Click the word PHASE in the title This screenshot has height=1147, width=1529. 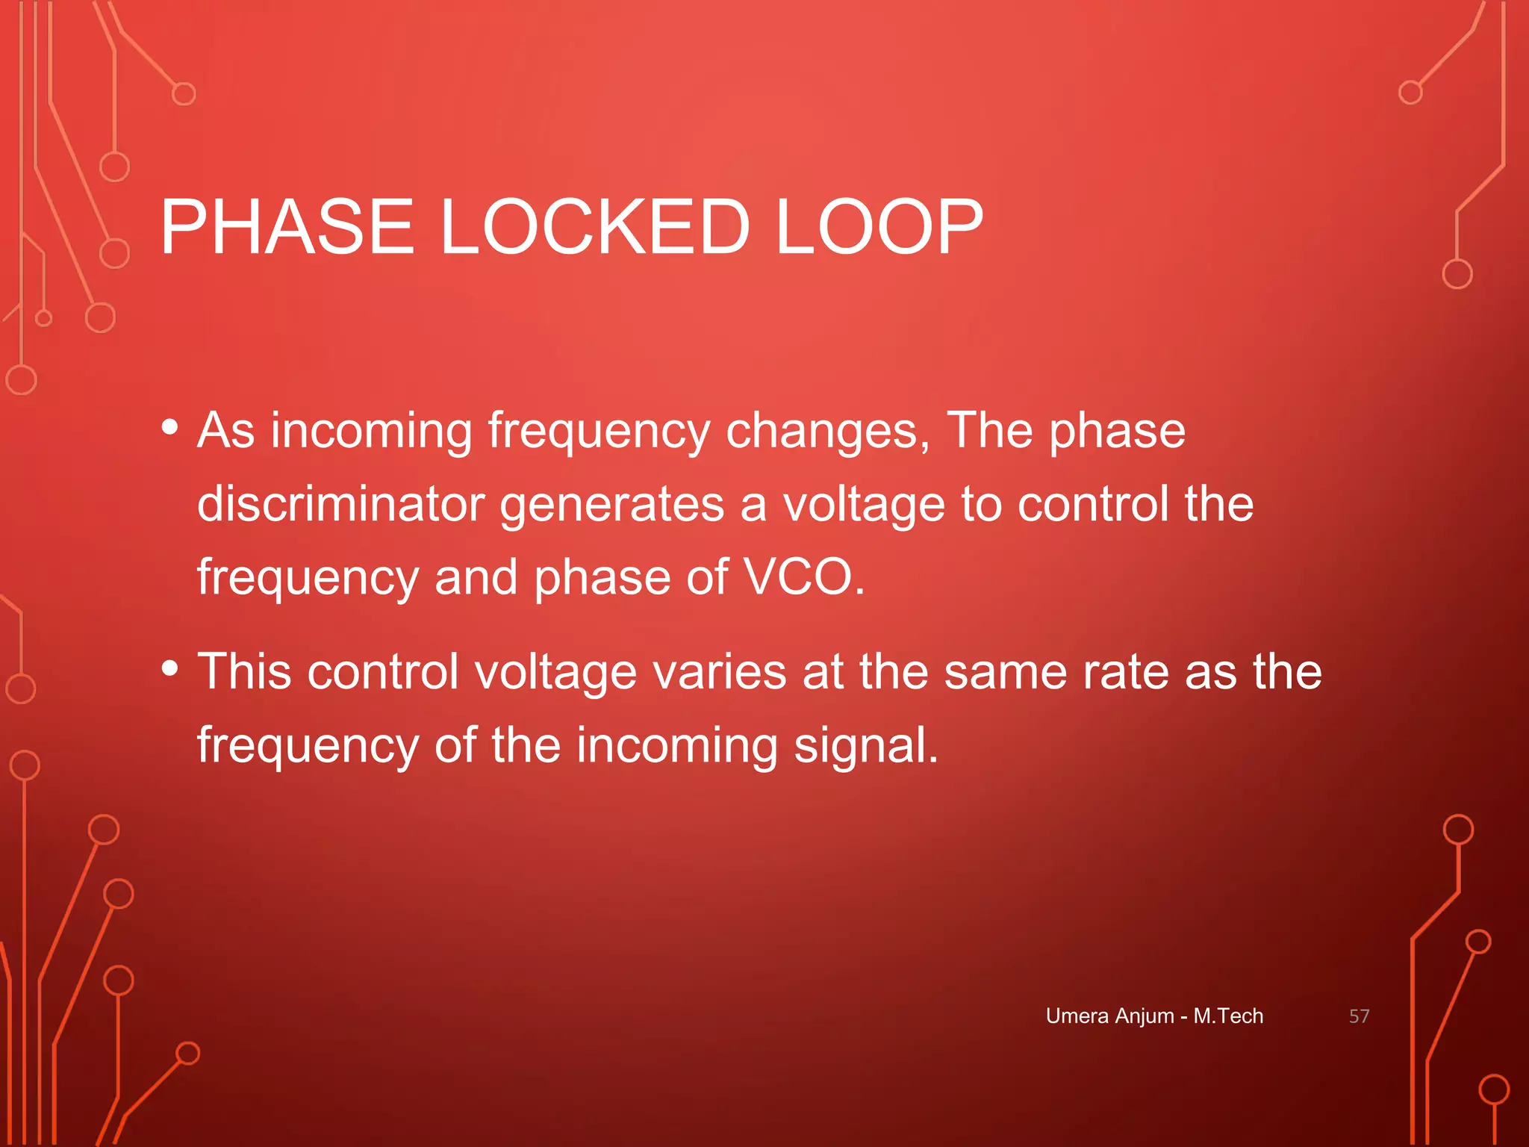click(x=287, y=227)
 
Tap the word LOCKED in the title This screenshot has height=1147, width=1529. click(x=594, y=227)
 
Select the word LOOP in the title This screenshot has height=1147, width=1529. click(x=879, y=227)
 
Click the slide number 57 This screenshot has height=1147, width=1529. click(x=1359, y=1016)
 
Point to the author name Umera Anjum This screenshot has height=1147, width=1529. click(x=1109, y=1016)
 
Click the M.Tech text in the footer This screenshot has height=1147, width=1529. click(x=1228, y=1016)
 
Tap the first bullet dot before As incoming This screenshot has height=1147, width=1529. click(x=170, y=428)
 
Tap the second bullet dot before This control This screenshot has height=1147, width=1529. click(x=170, y=668)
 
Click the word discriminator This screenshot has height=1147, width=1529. click(x=341, y=504)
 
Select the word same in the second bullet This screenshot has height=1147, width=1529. click(x=1005, y=671)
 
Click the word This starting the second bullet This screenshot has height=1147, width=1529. click(x=244, y=671)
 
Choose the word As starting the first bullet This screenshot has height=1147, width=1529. click(x=225, y=431)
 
